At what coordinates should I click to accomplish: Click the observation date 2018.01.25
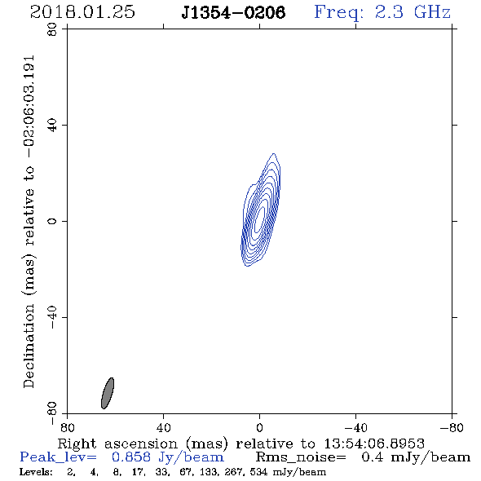(82, 12)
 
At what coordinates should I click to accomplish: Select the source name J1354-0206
(233, 12)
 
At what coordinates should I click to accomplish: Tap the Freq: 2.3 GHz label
(382, 12)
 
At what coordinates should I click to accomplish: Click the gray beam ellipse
(108, 393)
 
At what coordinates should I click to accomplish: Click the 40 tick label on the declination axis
(52, 126)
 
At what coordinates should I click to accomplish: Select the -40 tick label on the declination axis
(52, 317)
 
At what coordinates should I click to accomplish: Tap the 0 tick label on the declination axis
(52, 221)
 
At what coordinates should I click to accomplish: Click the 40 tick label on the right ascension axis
(163, 427)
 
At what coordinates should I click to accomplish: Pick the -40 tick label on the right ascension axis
(355, 427)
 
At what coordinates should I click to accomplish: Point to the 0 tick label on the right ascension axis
(259, 427)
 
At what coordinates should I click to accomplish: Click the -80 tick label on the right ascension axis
(452, 427)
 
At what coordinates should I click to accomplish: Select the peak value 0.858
(131, 457)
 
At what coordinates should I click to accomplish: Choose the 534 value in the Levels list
(258, 472)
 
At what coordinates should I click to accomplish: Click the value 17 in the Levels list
(138, 472)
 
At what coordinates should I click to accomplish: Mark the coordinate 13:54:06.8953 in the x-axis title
(374, 443)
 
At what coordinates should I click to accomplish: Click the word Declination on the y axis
(29, 346)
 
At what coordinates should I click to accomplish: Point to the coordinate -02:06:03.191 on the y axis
(29, 107)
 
